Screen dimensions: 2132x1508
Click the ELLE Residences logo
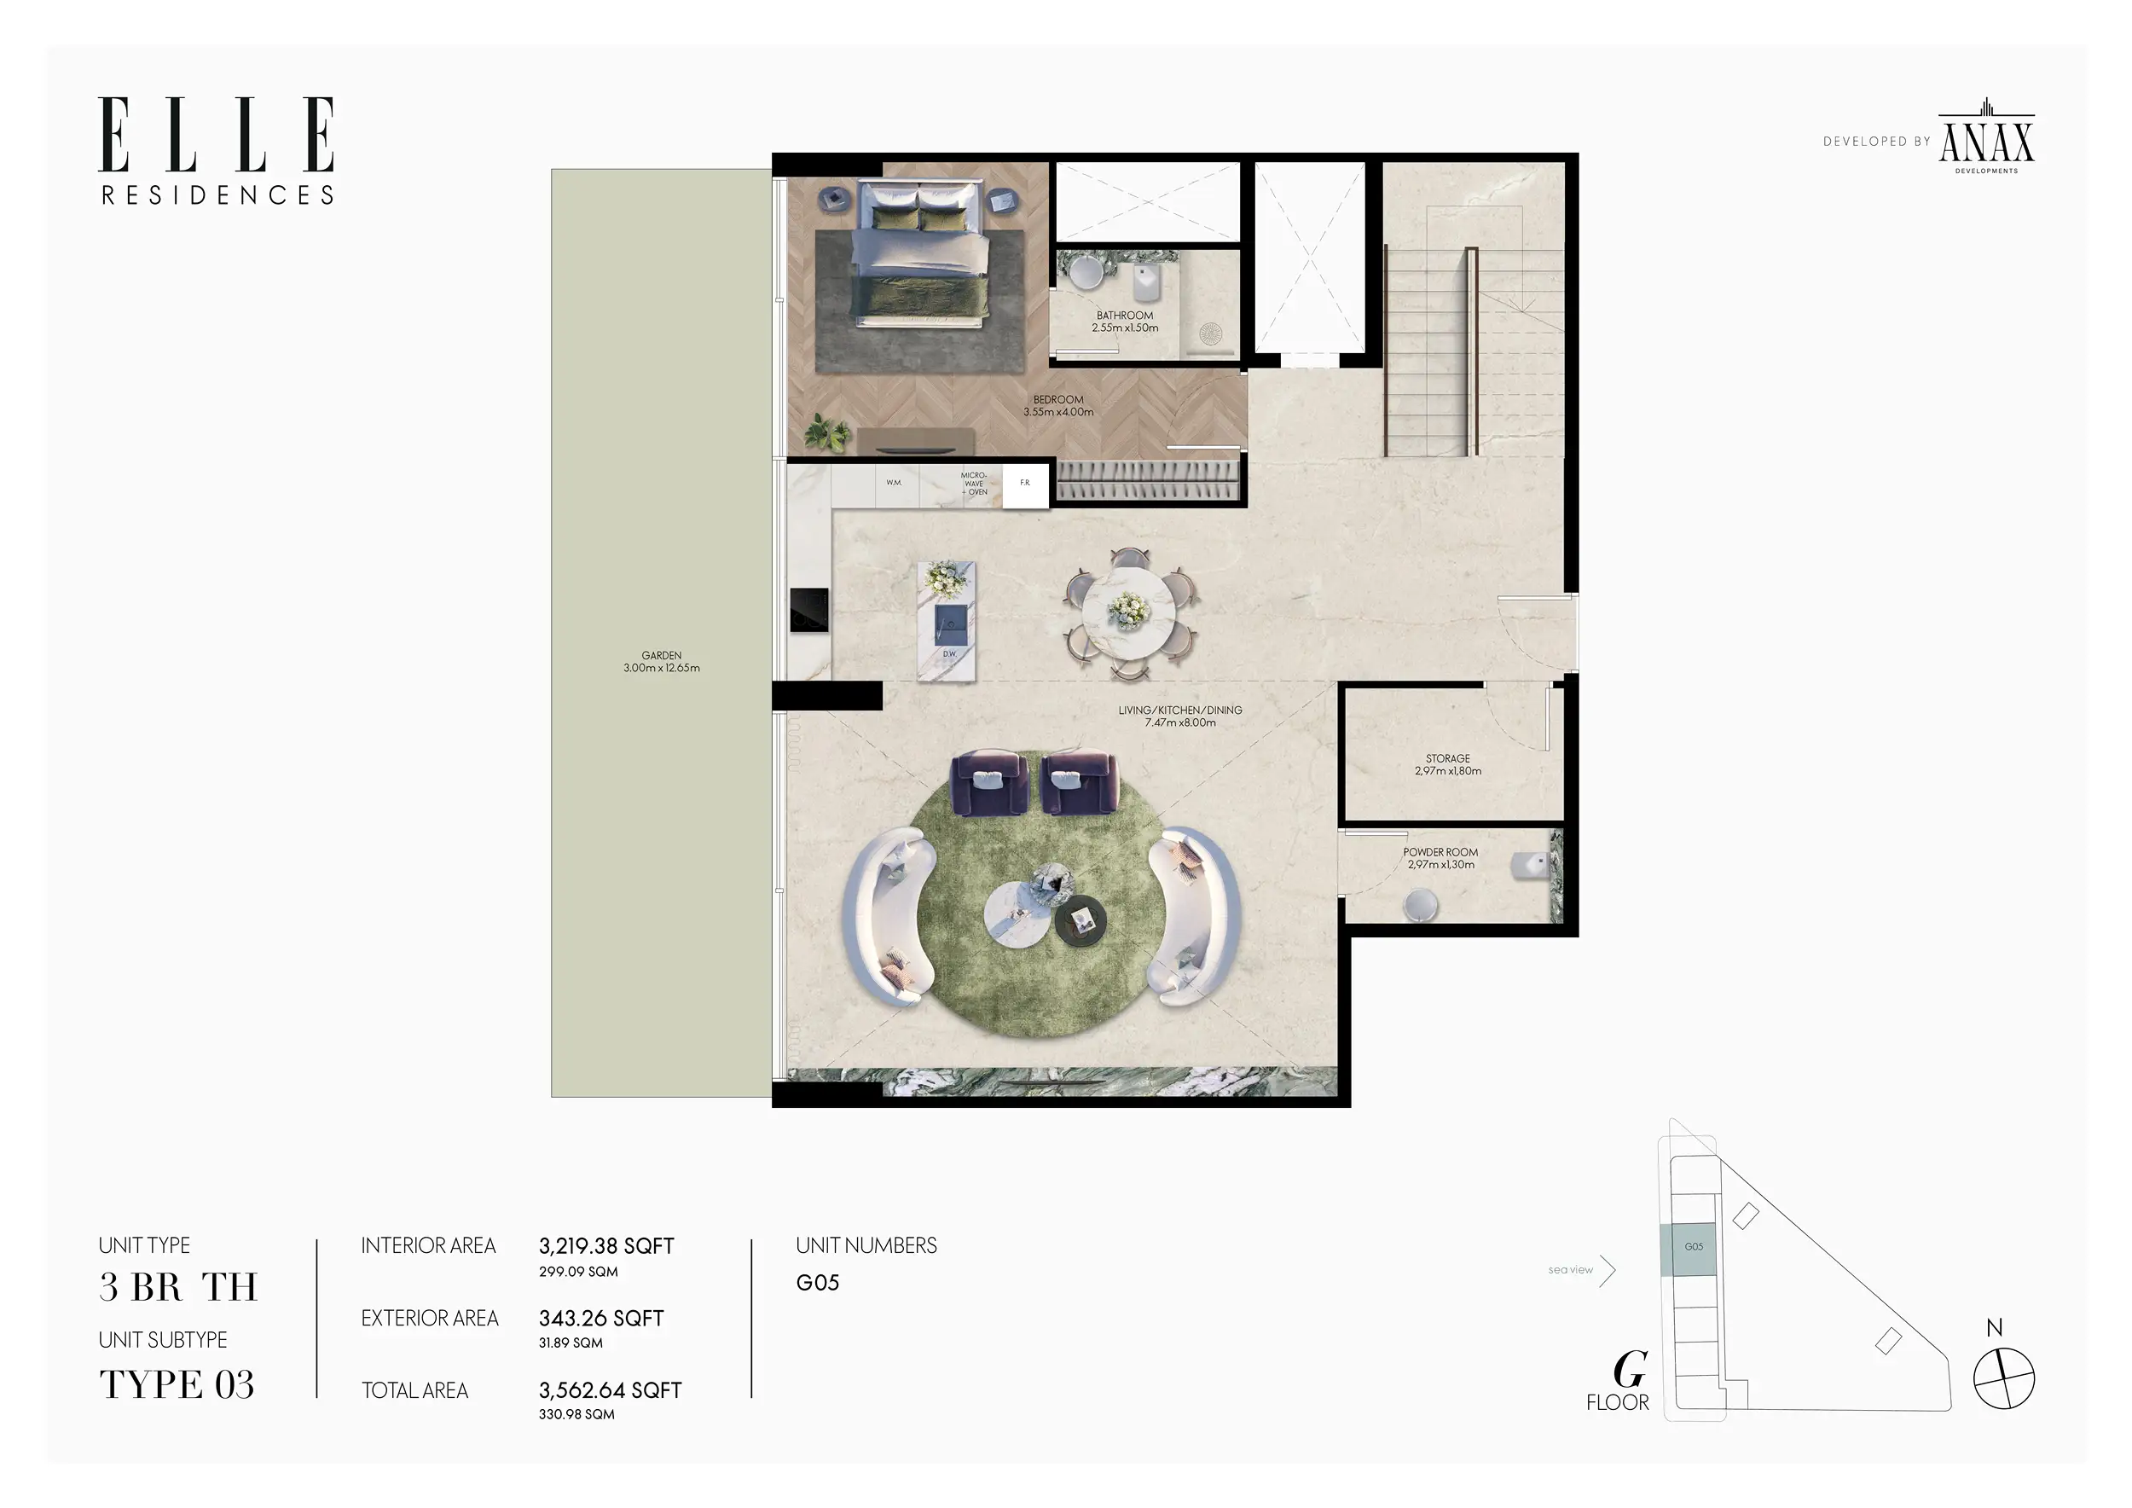[217, 149]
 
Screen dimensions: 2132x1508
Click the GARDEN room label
[661, 661]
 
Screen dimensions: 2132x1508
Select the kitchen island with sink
[947, 621]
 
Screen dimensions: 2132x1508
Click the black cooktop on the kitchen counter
[808, 610]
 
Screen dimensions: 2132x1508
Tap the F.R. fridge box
[1025, 484]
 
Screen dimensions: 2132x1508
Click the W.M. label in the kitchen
[893, 483]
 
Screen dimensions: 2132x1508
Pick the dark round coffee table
[1080, 920]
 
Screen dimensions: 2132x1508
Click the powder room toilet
[1529, 867]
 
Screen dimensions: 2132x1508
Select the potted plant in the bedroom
[826, 432]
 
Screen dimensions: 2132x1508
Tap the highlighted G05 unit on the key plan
[1694, 1249]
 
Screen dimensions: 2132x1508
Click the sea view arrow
[1608, 1270]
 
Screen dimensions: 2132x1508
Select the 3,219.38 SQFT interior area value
[606, 1246]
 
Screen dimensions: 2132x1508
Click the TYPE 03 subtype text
[177, 1384]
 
